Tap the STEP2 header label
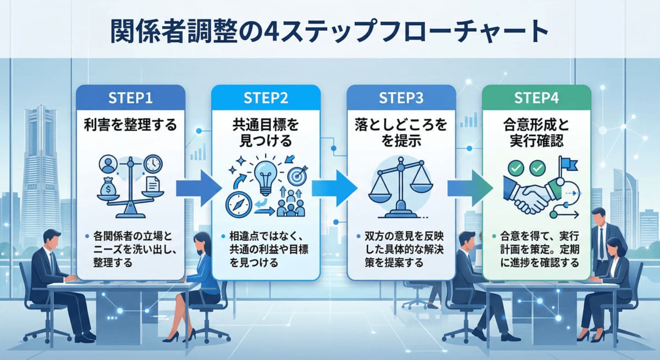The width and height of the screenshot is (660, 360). tap(266, 98)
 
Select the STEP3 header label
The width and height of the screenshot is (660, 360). tap(401, 98)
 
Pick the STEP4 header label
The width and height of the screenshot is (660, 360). tap(536, 98)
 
